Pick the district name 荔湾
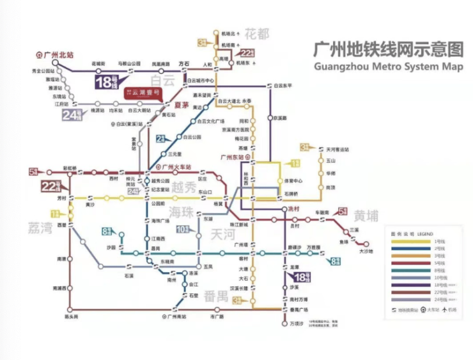coord(40,228)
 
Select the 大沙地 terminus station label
coord(366,251)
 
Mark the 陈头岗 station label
coord(71,317)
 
